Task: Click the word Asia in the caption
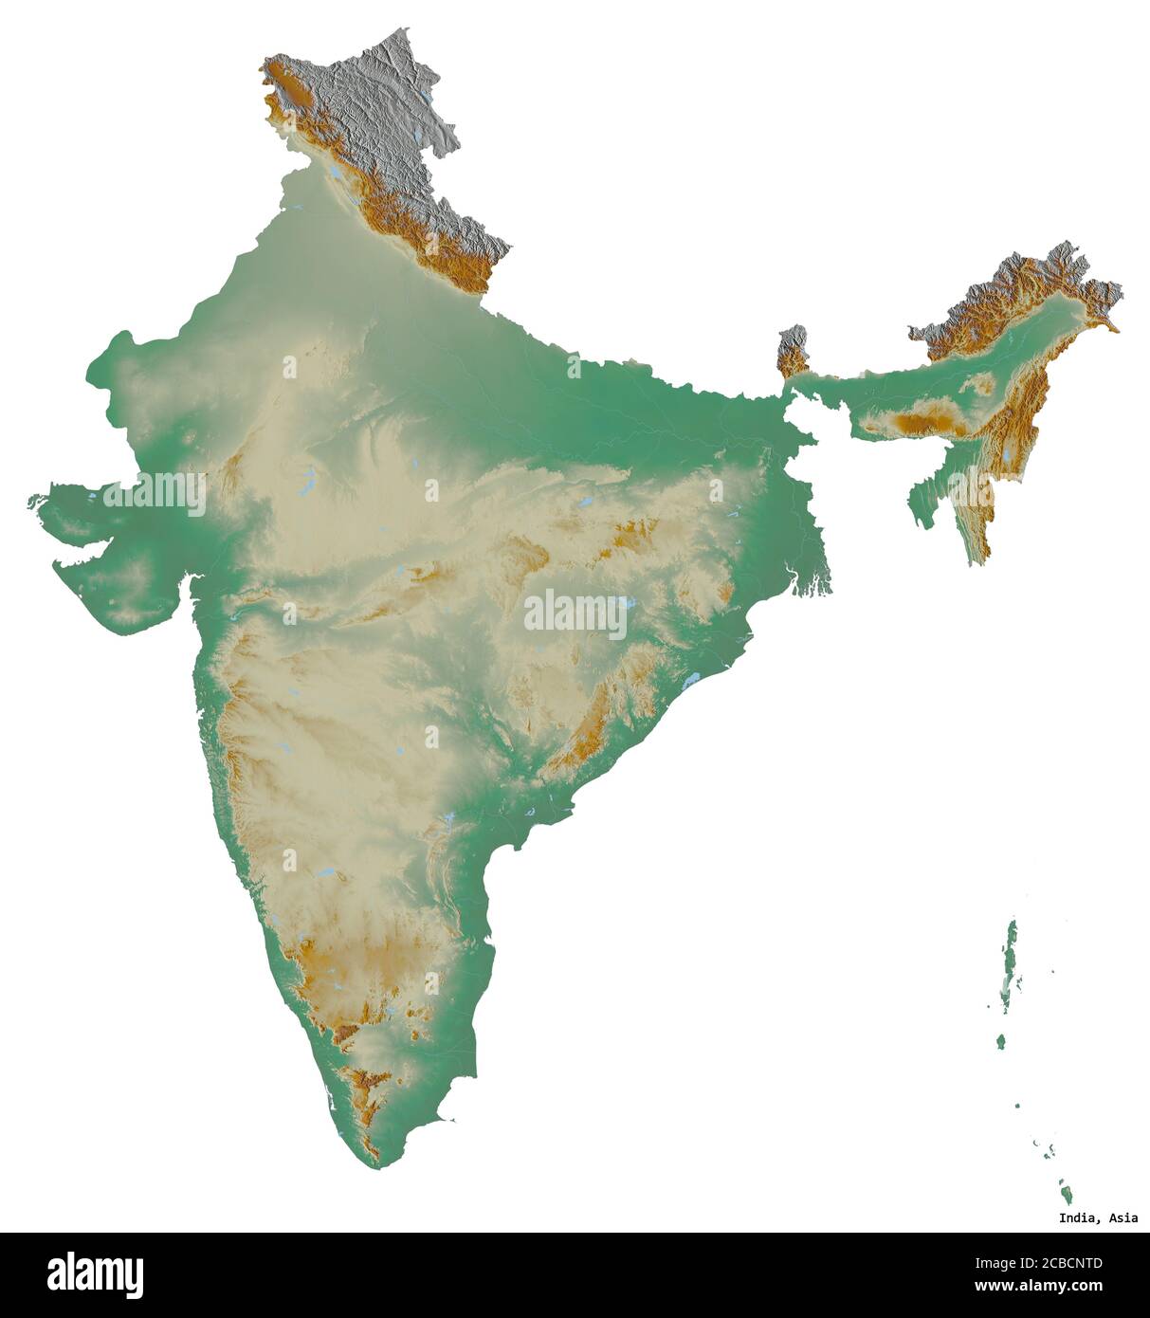click(x=1123, y=1218)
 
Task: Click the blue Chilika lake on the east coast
click(x=691, y=681)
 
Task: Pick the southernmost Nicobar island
click(x=1065, y=1189)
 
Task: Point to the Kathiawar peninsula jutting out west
click(x=114, y=588)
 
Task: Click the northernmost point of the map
click(x=405, y=29)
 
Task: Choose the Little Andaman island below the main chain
click(x=1000, y=1041)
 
